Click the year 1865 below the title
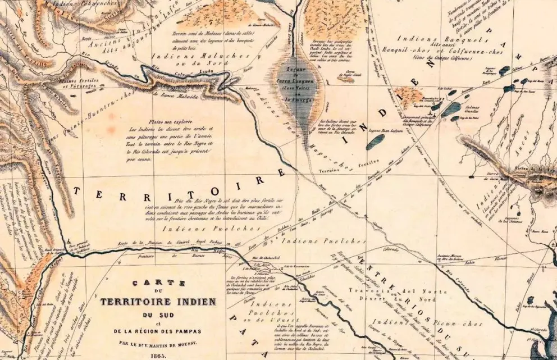(150, 356)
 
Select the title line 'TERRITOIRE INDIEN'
(150, 302)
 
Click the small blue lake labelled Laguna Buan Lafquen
(375, 142)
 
